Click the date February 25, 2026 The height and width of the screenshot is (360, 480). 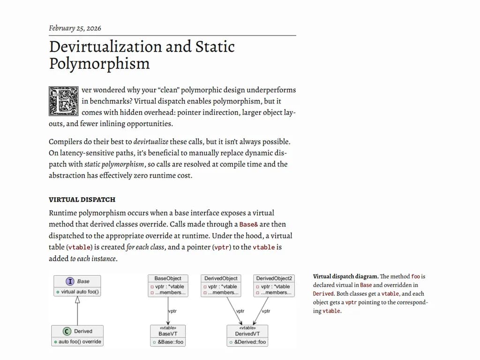click(x=75, y=28)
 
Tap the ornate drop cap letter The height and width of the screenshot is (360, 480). click(x=63, y=101)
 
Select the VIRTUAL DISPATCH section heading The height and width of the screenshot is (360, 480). click(x=82, y=200)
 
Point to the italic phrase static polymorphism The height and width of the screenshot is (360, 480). click(x=114, y=165)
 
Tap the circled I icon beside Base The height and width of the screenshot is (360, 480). click(x=70, y=281)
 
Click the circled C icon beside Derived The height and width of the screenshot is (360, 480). click(x=67, y=331)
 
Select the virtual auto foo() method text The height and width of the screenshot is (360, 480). click(x=80, y=292)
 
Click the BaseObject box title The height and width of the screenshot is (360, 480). click(x=168, y=278)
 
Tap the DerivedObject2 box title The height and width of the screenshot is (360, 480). click(x=274, y=278)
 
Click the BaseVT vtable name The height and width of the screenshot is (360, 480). click(x=168, y=334)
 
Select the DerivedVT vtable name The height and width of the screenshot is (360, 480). click(x=247, y=334)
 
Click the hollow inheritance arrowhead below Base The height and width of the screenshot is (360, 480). click(x=78, y=300)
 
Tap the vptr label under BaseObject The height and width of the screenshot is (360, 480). click(x=172, y=311)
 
